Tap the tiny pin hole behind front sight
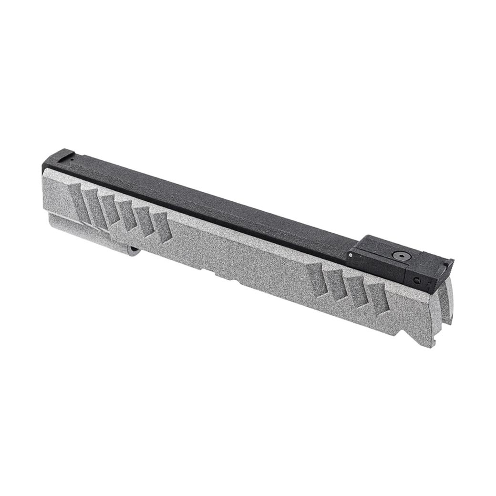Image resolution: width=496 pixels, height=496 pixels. coord(72,161)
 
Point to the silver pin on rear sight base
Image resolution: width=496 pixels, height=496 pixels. coord(351,255)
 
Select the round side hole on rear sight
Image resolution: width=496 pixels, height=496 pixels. coord(417,280)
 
